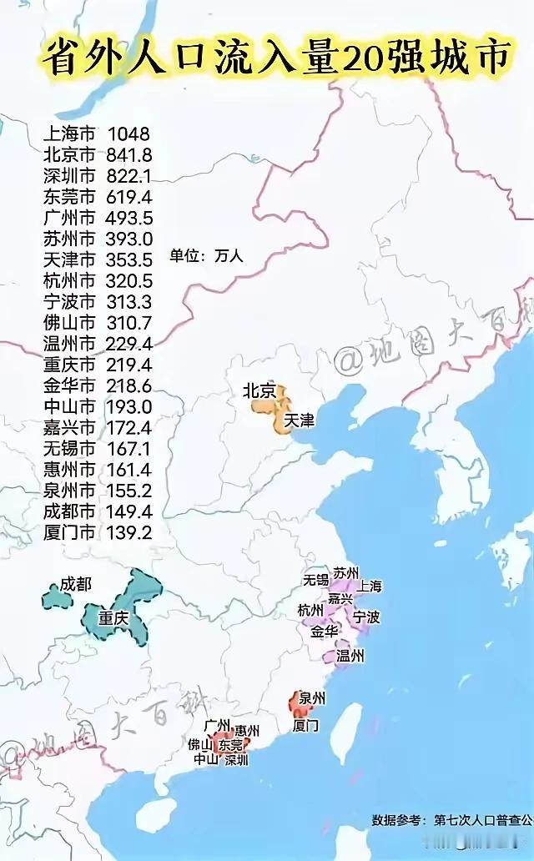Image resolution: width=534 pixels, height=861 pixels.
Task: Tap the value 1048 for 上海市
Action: (128, 133)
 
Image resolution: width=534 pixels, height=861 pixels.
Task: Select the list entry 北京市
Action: (69, 154)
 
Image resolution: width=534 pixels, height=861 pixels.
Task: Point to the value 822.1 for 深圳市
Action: (128, 175)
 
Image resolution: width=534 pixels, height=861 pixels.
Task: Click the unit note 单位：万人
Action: (206, 255)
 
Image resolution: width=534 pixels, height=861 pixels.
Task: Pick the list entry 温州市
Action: (69, 343)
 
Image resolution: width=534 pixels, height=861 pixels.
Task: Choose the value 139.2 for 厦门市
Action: (128, 531)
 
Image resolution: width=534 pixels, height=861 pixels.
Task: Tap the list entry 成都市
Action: (69, 511)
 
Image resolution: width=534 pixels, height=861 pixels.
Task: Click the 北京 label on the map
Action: (259, 390)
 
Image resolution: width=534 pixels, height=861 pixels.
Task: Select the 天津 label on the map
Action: (300, 421)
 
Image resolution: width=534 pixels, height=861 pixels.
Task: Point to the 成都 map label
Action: (75, 585)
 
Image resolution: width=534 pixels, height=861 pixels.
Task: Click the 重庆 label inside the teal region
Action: (114, 618)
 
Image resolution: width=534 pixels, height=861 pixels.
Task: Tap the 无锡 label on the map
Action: (316, 579)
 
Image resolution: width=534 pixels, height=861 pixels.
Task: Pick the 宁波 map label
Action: (366, 617)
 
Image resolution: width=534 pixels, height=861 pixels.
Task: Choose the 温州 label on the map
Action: (350, 656)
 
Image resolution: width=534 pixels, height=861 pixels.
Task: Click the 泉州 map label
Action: (312, 698)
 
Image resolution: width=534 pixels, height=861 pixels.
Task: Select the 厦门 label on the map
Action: (305, 726)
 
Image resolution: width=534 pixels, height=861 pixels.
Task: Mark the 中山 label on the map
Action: (205, 758)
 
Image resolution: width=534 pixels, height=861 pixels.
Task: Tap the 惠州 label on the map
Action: (248, 730)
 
